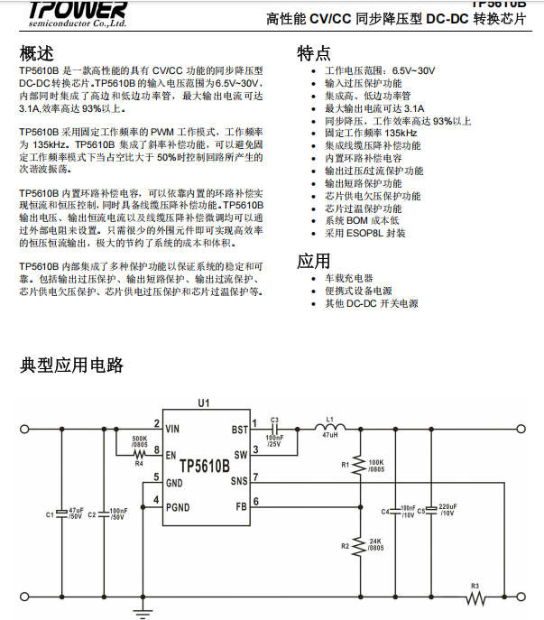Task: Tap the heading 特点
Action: (x=314, y=53)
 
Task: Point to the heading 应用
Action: (x=314, y=262)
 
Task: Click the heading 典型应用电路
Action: (x=72, y=366)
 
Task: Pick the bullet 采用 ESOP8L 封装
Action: (x=365, y=233)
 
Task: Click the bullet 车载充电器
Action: (x=348, y=279)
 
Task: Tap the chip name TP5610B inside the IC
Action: (x=204, y=467)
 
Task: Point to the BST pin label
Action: (x=239, y=430)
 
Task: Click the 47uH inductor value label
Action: (x=330, y=435)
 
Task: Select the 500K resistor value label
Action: (x=140, y=438)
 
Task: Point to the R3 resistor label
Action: (x=475, y=587)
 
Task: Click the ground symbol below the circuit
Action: (x=142, y=612)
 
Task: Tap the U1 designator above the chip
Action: (x=204, y=403)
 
